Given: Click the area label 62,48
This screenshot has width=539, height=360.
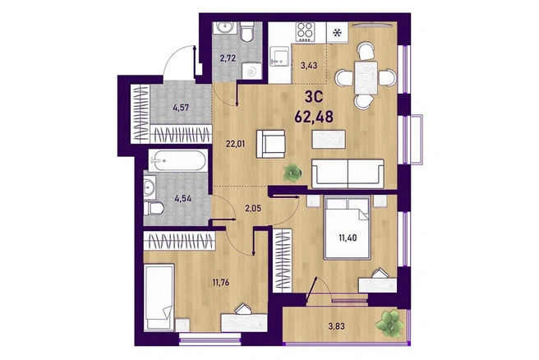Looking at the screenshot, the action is tap(314, 117).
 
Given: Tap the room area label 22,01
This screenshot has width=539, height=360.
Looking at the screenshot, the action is tap(236, 143).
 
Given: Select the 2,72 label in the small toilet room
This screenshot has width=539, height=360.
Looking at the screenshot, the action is tap(228, 58).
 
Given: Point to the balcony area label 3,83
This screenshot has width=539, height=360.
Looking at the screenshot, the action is tap(336, 326).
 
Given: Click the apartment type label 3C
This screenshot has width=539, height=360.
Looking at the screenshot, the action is tap(314, 97).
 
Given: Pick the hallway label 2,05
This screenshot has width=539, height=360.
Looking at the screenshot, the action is tap(253, 208).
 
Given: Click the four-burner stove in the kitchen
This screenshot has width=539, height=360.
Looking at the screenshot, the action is tap(306, 31).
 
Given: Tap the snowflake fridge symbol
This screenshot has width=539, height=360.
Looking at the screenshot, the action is tap(338, 33).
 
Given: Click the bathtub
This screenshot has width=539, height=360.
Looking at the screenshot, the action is tap(178, 160).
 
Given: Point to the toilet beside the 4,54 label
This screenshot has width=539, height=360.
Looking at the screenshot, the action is tap(154, 208).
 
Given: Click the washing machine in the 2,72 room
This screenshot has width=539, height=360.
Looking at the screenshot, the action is tap(252, 72).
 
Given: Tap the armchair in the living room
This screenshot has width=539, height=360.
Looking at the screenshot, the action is tap(270, 144).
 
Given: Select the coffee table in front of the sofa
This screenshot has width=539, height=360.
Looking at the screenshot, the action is tap(329, 139).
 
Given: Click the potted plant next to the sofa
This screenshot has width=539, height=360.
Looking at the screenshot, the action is tap(293, 172).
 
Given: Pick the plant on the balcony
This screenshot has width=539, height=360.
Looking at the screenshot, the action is tap(389, 323).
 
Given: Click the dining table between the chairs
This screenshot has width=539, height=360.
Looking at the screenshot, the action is tap(366, 78).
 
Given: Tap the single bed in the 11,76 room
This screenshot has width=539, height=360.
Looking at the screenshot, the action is tap(159, 297).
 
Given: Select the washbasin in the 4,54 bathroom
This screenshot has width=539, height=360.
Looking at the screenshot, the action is tap(150, 187).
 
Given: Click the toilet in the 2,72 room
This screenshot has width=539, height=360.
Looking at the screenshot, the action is tap(246, 31).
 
